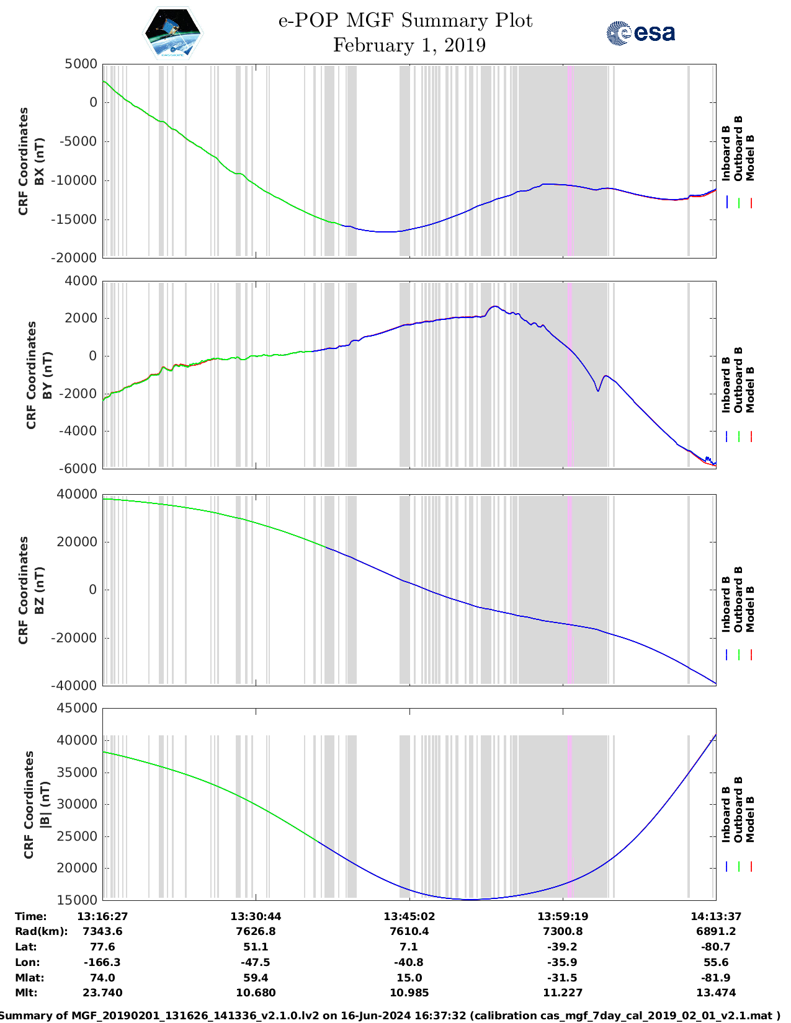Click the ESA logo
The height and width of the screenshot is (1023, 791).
(640, 33)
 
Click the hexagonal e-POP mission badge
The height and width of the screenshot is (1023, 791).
(173, 33)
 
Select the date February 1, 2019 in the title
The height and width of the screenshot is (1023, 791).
(409, 45)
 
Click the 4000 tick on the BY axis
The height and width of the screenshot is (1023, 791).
(81, 281)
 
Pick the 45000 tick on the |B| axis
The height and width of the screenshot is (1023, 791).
(78, 708)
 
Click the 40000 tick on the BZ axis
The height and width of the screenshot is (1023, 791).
(78, 494)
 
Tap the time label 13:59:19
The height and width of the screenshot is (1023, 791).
(563, 916)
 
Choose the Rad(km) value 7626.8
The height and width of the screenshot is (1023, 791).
(256, 931)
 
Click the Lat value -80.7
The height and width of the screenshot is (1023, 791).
(716, 947)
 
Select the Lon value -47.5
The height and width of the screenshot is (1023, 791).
(256, 962)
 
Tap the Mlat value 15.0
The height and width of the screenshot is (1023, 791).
(409, 978)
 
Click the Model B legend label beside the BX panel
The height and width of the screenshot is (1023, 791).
(750, 157)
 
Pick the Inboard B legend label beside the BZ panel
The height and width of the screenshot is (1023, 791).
(726, 604)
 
